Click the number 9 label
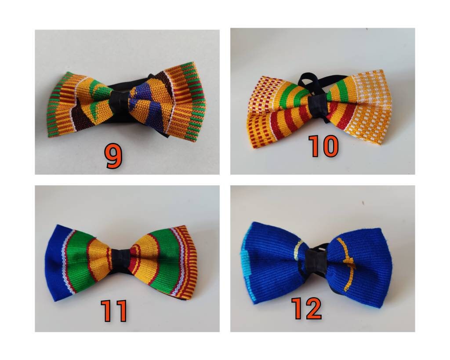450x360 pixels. (113, 156)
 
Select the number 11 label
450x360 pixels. (113, 310)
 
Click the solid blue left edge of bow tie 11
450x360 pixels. (55, 264)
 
